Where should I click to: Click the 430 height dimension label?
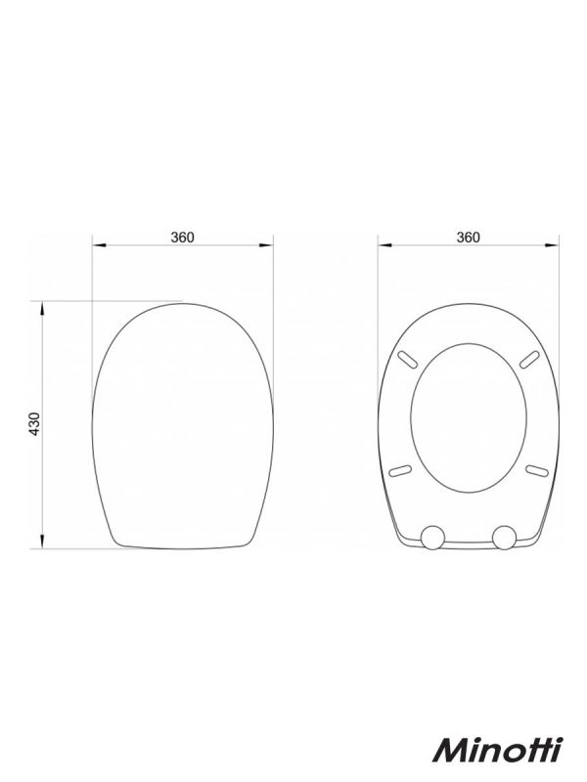point(34,424)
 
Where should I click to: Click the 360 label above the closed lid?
point(182,238)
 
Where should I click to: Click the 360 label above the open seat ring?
point(468,238)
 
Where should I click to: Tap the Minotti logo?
point(497,762)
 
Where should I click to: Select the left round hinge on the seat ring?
point(432,537)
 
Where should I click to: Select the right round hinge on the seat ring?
point(504,537)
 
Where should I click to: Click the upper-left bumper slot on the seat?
point(407,359)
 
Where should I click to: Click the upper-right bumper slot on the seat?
point(529,359)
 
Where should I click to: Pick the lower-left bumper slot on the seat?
point(400,469)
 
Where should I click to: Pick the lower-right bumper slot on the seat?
point(537,469)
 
